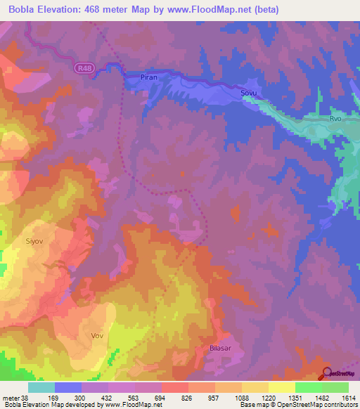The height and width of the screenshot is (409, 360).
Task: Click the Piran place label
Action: click(149, 77)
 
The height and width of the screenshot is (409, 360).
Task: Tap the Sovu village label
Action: click(249, 93)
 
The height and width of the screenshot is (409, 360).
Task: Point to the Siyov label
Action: click(34, 240)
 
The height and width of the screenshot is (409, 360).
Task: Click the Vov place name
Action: click(97, 335)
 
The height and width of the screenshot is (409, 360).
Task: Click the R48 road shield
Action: click(84, 67)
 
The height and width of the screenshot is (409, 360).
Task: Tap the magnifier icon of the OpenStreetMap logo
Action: click(327, 373)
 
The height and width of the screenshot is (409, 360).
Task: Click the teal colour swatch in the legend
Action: click(41, 387)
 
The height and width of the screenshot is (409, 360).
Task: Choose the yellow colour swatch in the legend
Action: click(282, 387)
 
